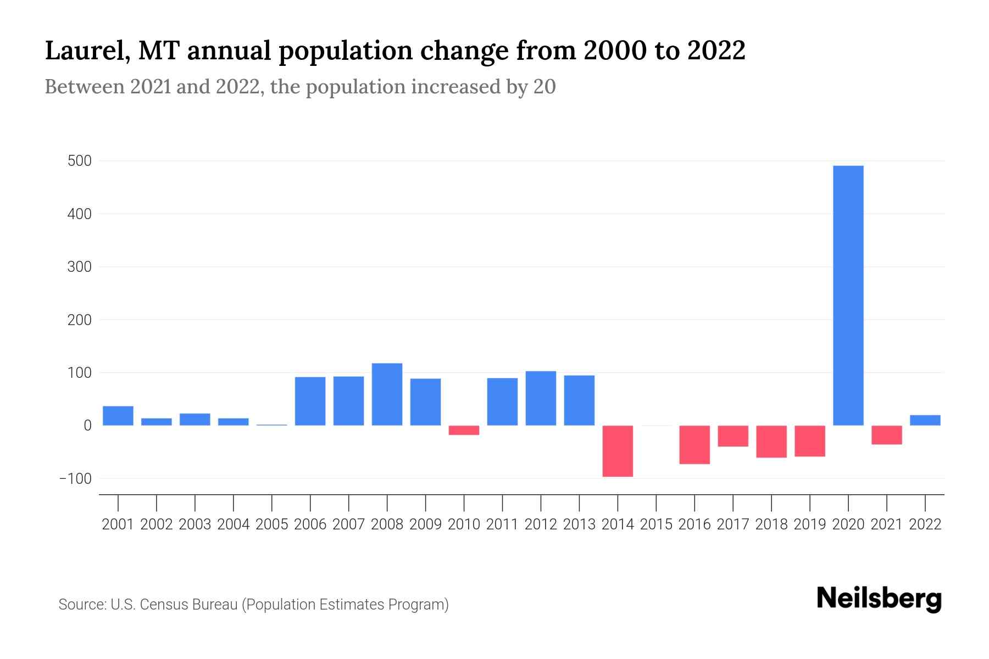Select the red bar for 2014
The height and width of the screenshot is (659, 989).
pos(618,451)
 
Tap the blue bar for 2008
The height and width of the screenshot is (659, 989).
pos(387,394)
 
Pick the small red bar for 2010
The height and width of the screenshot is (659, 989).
pos(464,431)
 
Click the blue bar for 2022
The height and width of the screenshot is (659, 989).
pos(925,420)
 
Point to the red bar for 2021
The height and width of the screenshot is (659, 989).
pos(887,435)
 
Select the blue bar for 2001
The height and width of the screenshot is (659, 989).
pos(118,416)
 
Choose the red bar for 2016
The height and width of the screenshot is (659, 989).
pos(694,445)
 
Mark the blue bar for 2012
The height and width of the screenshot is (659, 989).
pos(541,398)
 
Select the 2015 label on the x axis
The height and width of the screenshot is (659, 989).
pos(656,524)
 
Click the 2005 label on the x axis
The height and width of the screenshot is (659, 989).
pos(272,524)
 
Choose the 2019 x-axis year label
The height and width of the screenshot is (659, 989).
pos(810,524)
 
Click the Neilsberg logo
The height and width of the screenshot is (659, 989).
pos(879,599)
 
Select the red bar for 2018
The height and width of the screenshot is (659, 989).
pos(771,442)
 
